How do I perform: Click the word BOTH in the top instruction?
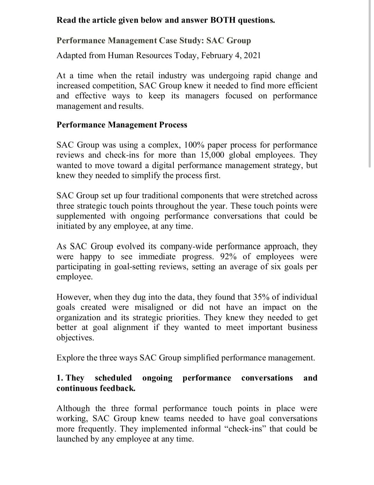coord(223,20)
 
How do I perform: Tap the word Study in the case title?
coord(191,41)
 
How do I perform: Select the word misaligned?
coord(154,307)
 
